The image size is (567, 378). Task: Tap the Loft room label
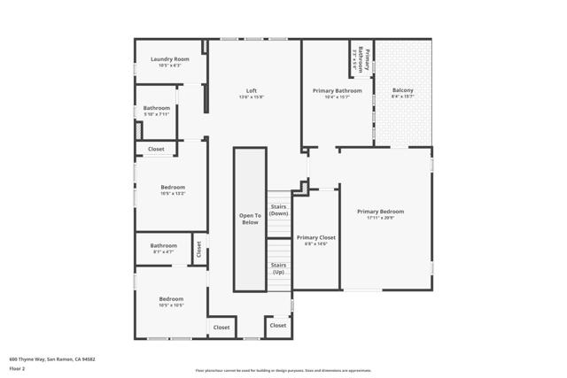[252, 90]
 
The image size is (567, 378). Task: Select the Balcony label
[402, 90]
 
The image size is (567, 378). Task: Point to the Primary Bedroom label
[380, 212]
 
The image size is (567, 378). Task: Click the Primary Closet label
[315, 237]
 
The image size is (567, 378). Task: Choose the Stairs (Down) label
[279, 210]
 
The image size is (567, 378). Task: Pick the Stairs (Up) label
[278, 268]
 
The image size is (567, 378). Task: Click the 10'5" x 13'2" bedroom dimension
[173, 193]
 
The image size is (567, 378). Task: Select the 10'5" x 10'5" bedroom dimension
[171, 305]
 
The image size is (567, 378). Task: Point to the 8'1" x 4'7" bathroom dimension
[163, 252]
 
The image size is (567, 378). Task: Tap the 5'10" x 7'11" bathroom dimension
[157, 114]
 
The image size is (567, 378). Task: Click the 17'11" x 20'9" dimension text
[380, 218]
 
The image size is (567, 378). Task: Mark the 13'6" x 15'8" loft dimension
[252, 97]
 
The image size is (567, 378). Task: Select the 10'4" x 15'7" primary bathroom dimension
[337, 97]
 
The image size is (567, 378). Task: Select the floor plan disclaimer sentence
[283, 370]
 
